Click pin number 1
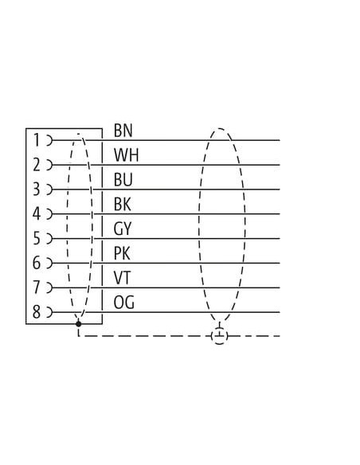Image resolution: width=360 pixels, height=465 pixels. [x=37, y=140]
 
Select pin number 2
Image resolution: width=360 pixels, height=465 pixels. [x=36, y=165]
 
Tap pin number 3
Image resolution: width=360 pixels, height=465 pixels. [x=36, y=190]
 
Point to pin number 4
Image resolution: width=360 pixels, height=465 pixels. [x=36, y=214]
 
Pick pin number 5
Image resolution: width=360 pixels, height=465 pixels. [x=36, y=238]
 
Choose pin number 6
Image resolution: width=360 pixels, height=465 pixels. [x=36, y=263]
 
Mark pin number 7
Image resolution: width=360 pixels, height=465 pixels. [x=36, y=287]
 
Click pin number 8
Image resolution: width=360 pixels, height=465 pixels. [x=36, y=312]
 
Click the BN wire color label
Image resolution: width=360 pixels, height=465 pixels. [x=123, y=131]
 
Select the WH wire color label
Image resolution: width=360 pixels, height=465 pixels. [x=126, y=155]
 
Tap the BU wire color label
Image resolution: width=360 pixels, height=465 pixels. [x=123, y=180]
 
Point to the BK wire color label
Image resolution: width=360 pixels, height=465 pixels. [x=122, y=205]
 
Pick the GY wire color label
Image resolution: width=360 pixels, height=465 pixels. [x=122, y=229]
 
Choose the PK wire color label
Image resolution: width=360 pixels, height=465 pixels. [x=122, y=253]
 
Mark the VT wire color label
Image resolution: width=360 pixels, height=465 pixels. [x=122, y=278]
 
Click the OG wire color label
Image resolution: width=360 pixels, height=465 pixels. [x=123, y=303]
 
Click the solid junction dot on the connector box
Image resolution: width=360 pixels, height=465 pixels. [x=79, y=324]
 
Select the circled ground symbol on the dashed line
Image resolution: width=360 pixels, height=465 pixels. [x=220, y=336]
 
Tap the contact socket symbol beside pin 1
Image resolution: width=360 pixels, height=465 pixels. [x=49, y=140]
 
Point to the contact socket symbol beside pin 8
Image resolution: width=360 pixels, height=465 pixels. [x=49, y=312]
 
